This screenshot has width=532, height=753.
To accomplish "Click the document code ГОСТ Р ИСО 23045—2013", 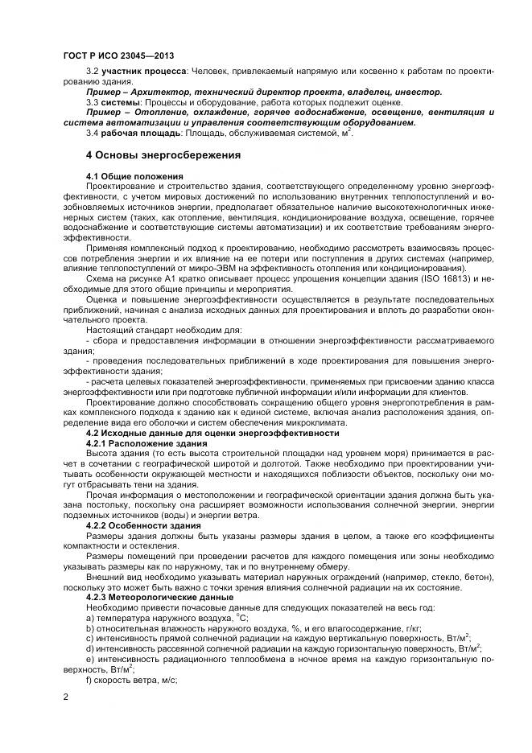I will pos(119,56).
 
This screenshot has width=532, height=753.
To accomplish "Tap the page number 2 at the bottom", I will pos(65,695).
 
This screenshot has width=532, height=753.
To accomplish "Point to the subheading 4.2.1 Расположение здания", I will pos(140,443).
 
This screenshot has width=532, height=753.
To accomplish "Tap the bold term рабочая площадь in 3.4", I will pos(130,131).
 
